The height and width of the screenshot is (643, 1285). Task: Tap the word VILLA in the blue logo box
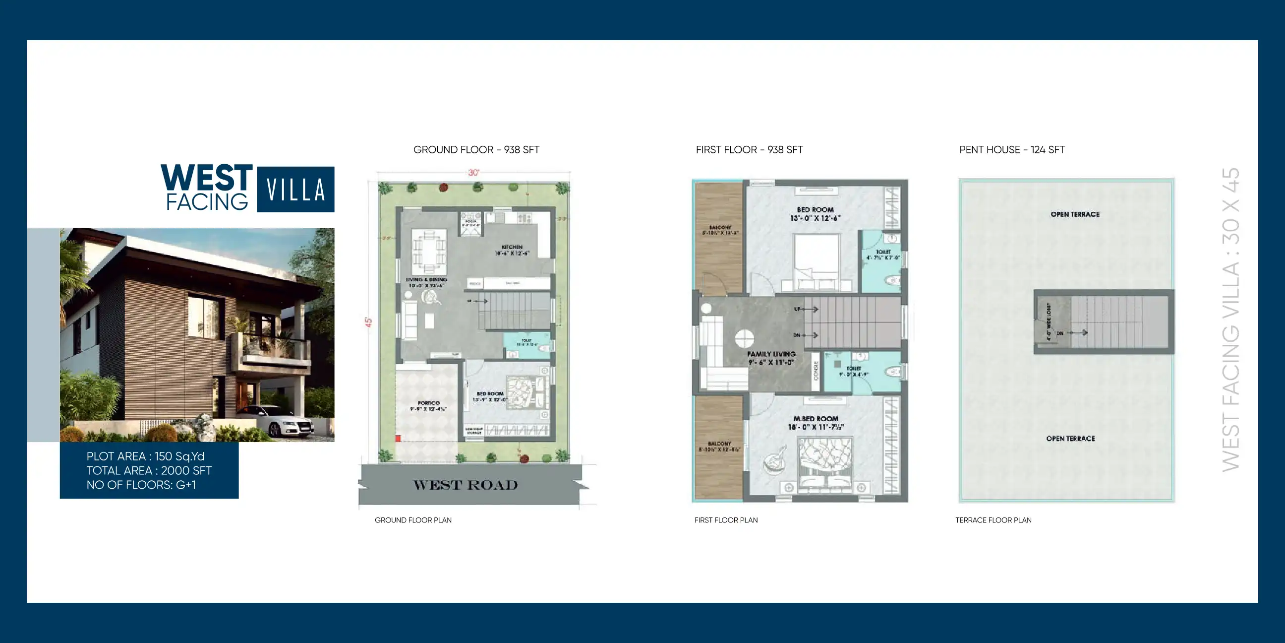click(295, 190)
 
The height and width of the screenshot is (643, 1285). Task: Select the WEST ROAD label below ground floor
click(466, 485)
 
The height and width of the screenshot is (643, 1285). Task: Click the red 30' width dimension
click(473, 172)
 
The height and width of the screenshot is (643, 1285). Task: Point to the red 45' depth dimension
click(369, 322)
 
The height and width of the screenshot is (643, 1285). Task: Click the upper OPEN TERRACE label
click(1074, 214)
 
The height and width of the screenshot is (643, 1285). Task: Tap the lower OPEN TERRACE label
click(1070, 438)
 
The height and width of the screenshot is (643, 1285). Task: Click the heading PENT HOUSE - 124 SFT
click(1012, 150)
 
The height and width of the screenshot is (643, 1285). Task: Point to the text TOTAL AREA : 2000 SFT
click(149, 470)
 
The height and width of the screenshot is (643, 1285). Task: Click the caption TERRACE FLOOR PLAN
click(993, 520)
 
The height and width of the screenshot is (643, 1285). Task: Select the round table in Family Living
click(744, 338)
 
